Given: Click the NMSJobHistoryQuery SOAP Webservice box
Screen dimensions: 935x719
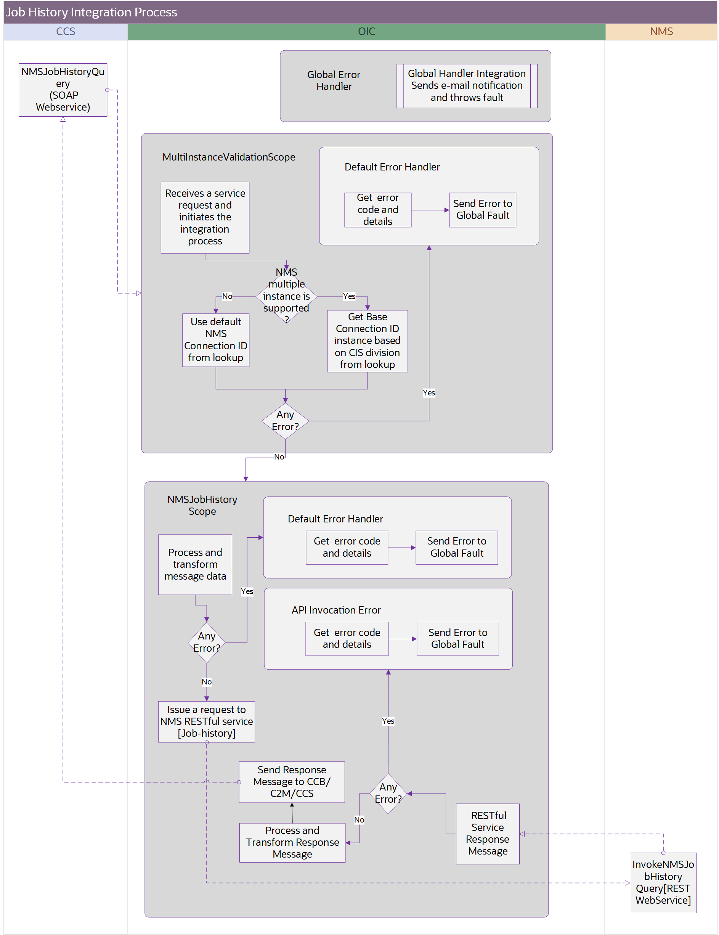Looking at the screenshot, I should [x=63, y=90].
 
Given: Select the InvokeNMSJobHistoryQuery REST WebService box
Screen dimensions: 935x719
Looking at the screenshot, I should [x=663, y=882].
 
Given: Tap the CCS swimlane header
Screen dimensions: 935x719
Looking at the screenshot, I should [x=66, y=32].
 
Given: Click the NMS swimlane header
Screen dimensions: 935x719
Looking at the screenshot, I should [x=661, y=32].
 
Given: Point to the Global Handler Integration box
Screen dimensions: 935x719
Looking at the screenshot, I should [x=467, y=86].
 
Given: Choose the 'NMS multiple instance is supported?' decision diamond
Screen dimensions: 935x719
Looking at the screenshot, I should [x=286, y=296].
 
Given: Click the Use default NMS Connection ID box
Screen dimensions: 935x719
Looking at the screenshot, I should [x=216, y=340].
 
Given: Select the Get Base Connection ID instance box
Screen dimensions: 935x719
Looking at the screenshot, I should [x=367, y=341].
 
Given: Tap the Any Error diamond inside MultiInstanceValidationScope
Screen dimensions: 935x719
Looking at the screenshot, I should [x=285, y=421].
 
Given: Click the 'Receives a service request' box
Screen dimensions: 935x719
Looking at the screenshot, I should [x=205, y=217].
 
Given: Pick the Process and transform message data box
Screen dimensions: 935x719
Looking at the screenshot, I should [x=195, y=564].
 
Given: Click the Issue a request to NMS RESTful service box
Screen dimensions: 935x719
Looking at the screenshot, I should [x=206, y=721].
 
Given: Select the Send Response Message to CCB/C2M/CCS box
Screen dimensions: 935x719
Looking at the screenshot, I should [x=292, y=782].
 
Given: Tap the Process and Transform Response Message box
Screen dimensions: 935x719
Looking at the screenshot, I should [x=292, y=842].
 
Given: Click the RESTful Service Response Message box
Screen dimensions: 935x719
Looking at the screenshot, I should [x=488, y=833].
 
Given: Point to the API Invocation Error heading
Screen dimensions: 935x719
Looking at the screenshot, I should [x=336, y=610].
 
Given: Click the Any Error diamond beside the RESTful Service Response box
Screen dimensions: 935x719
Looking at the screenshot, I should [x=388, y=793].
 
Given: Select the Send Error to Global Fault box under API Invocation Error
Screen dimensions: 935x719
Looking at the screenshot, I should [x=457, y=638].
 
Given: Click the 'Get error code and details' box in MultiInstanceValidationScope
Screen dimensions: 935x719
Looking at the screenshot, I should [x=377, y=210].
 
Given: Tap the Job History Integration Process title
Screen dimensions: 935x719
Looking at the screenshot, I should [x=91, y=12].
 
